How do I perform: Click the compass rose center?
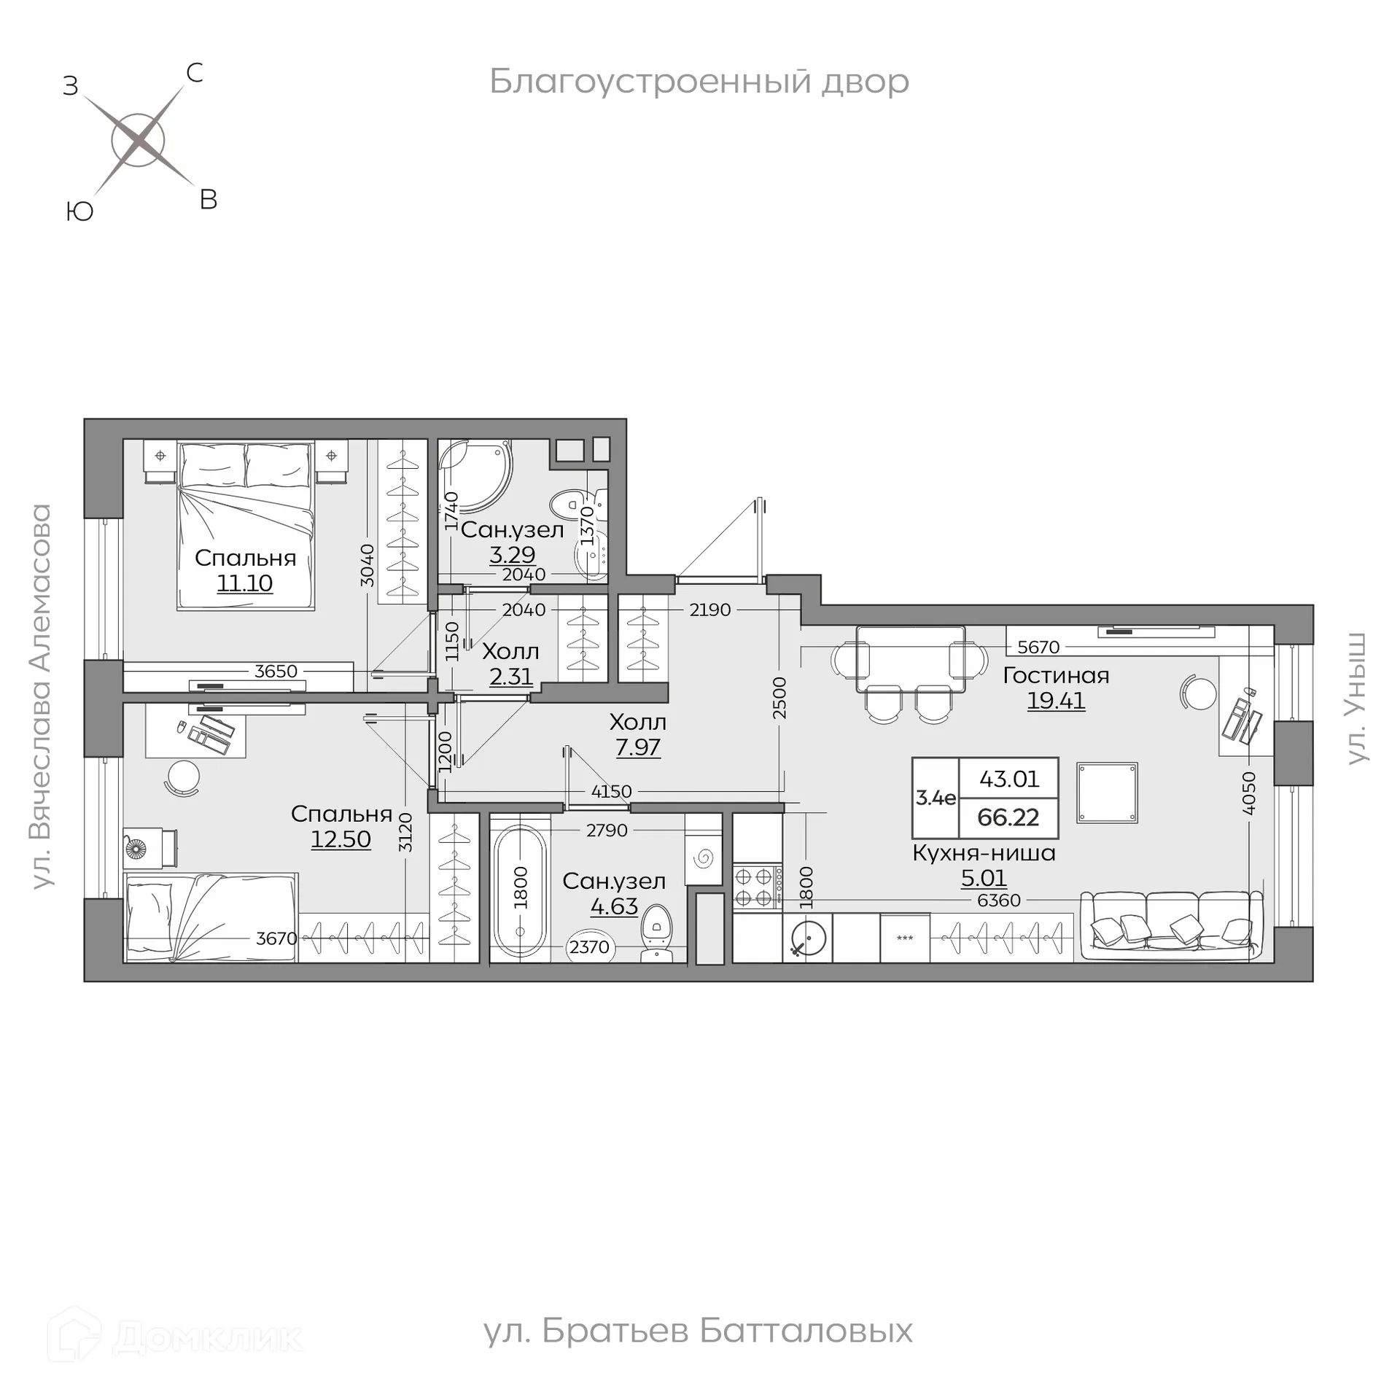tap(138, 140)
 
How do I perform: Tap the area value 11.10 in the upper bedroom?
tap(244, 583)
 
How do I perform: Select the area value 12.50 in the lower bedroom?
tap(341, 839)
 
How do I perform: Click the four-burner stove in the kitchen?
tap(757, 886)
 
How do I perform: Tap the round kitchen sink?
tap(808, 938)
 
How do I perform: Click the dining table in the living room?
tap(910, 659)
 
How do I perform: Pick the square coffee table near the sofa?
tap(1107, 793)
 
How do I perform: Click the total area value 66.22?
tap(1008, 817)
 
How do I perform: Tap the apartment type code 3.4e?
tap(936, 798)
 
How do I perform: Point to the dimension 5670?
tap(1038, 647)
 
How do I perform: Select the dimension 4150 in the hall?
tap(611, 791)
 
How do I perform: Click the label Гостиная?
tap(1055, 675)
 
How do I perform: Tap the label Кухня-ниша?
tap(984, 853)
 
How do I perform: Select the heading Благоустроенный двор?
tap(699, 82)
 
